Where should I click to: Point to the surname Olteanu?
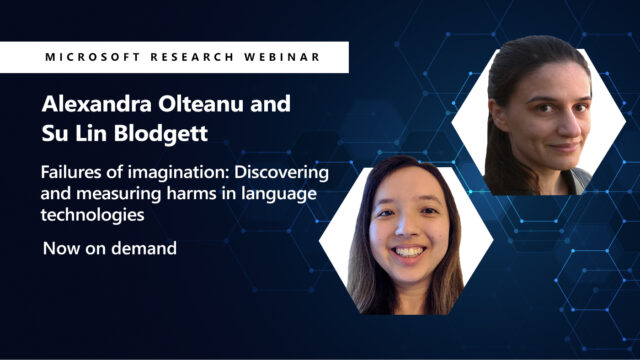tap(199, 105)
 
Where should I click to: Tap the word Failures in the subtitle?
tap(70, 173)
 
